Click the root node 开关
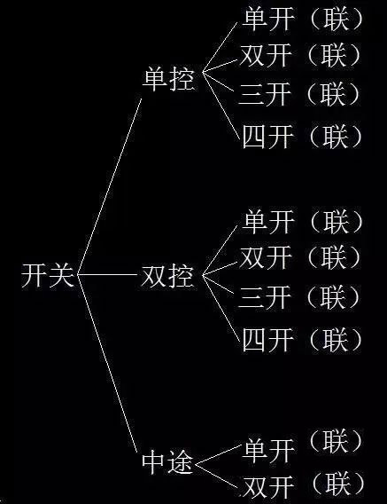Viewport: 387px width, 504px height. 48,275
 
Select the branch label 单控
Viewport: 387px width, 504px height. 168,79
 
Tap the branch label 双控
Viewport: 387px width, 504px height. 167,276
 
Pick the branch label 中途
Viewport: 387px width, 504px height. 167,462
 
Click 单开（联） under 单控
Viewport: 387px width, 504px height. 303,20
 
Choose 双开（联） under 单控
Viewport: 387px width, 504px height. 300,55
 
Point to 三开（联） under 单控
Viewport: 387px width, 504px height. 299,94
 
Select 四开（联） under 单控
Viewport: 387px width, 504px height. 303,137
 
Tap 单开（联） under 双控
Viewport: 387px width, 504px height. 303,222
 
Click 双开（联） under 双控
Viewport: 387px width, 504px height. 300,257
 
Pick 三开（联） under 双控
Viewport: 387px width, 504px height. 299,296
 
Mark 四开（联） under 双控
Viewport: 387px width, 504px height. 303,340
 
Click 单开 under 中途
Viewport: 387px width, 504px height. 268,451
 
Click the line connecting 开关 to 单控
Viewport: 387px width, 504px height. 110,186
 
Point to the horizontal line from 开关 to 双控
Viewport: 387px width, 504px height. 107,275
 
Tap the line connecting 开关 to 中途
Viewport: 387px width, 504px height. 108,365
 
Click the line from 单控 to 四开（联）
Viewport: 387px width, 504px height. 221,106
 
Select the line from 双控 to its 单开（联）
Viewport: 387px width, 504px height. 220,250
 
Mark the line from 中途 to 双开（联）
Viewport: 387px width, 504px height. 218,477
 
